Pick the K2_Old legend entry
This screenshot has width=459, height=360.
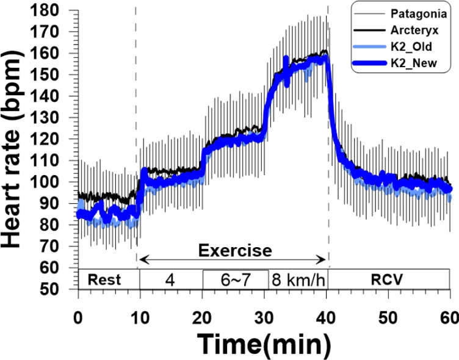[413, 45]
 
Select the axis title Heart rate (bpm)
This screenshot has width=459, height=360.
[18, 149]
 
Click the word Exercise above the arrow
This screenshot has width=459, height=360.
[235, 250]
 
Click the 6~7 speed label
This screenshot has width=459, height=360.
[235, 279]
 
